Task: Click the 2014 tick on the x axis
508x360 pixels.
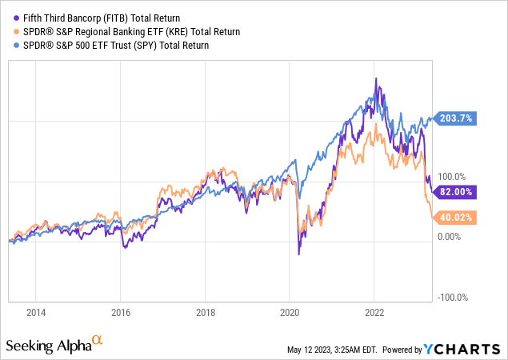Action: (x=35, y=314)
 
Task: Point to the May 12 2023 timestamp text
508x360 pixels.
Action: (x=337, y=350)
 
